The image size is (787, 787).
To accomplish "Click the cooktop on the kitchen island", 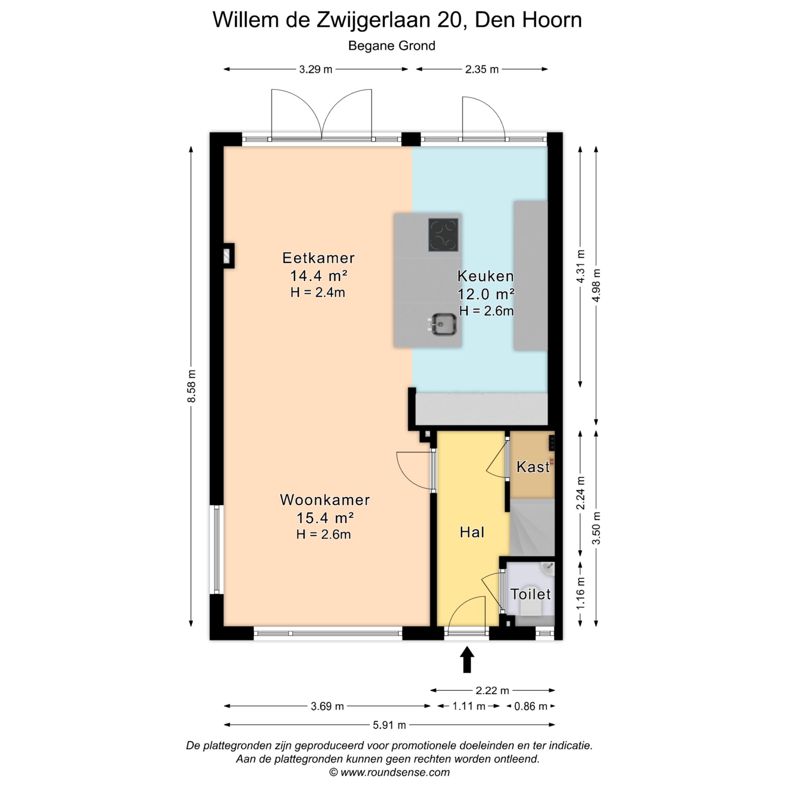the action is tap(443, 234).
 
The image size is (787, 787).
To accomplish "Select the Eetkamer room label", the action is tap(318, 258).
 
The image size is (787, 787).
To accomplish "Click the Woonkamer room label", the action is tap(325, 500).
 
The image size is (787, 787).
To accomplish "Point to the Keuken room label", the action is tap(486, 276).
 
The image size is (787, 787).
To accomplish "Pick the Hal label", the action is tap(472, 532).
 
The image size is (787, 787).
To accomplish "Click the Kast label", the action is tap(533, 466).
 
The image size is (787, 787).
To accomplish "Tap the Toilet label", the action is tap(530, 594).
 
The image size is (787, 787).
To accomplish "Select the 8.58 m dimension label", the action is tap(191, 386).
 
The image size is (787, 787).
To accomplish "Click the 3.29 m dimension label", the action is tap(316, 69).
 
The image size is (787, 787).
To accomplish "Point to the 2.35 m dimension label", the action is tap(482, 69).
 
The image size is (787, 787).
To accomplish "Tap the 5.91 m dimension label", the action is tap(389, 725).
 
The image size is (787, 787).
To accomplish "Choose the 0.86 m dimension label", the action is tap(531, 706).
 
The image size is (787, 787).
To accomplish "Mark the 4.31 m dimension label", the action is tap(580, 266).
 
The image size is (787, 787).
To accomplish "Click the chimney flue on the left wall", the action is tap(227, 256).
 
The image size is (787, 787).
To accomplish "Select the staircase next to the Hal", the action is tap(532, 527).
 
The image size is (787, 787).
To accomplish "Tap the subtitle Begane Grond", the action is tap(392, 46).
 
